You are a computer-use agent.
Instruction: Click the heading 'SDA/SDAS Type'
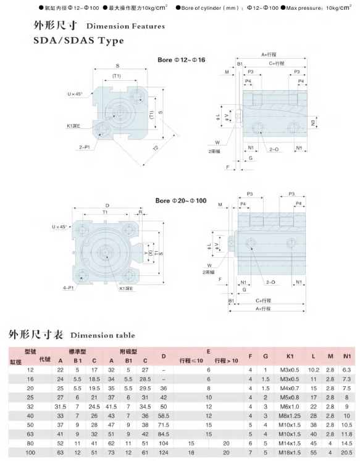[x=78, y=40]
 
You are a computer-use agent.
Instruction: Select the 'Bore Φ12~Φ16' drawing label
[x=181, y=60]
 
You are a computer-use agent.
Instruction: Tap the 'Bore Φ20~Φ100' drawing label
[x=181, y=201]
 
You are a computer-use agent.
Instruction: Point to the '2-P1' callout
[x=85, y=147]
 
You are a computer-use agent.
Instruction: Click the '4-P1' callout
[x=69, y=288]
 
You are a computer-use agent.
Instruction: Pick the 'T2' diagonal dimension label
[x=156, y=148]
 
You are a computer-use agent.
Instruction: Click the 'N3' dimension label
[x=314, y=123]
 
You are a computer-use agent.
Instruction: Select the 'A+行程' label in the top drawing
[x=269, y=54]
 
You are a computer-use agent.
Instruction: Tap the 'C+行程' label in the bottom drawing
[x=263, y=301]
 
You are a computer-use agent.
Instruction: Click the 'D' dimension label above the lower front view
[x=107, y=206]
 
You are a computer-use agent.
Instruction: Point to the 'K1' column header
[x=290, y=356]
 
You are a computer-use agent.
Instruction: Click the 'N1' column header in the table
[x=347, y=356]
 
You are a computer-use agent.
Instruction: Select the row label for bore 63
[x=30, y=434]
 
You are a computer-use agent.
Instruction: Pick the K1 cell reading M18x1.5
[x=290, y=452]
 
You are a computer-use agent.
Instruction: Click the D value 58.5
[x=164, y=416]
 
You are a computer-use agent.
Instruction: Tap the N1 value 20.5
[x=347, y=452]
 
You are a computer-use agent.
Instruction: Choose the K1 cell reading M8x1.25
[x=290, y=416]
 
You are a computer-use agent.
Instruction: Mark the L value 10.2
[x=314, y=370]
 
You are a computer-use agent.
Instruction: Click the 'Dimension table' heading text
[x=103, y=335]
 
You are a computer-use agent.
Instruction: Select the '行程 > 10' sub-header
[x=226, y=361]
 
